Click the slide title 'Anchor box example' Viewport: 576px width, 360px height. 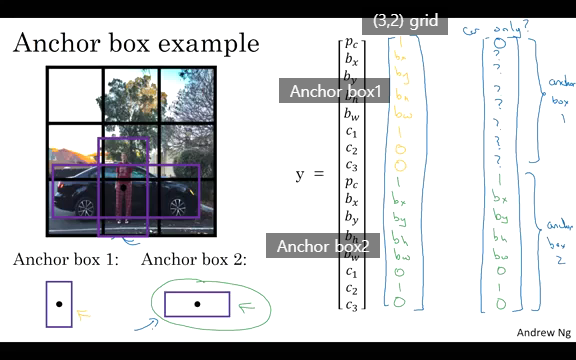136,44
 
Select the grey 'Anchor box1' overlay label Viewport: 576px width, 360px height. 336,91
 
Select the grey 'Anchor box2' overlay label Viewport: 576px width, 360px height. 323,246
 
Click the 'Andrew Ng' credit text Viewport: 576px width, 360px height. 543,332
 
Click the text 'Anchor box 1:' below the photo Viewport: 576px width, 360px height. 66,260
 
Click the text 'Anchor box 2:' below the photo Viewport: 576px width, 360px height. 194,260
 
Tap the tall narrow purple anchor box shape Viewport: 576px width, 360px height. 59,304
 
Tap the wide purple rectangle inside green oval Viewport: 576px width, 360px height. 197,304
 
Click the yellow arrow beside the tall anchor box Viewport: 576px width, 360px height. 85,315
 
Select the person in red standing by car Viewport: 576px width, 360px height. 123,192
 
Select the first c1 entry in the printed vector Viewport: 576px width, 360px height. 351,131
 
